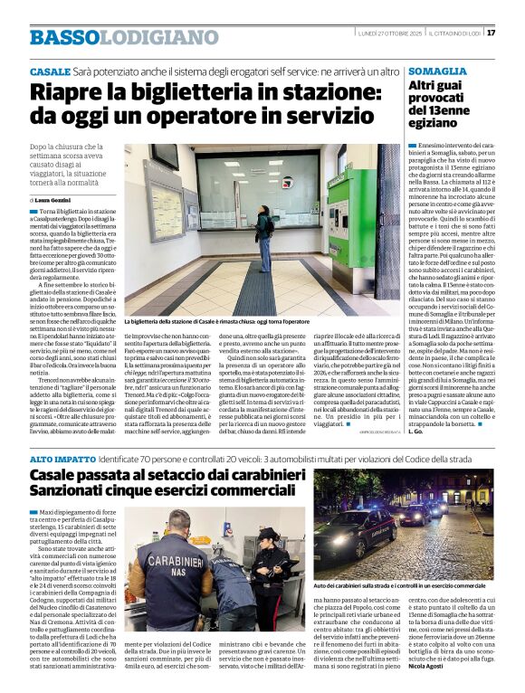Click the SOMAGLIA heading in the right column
click(x=438, y=71)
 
